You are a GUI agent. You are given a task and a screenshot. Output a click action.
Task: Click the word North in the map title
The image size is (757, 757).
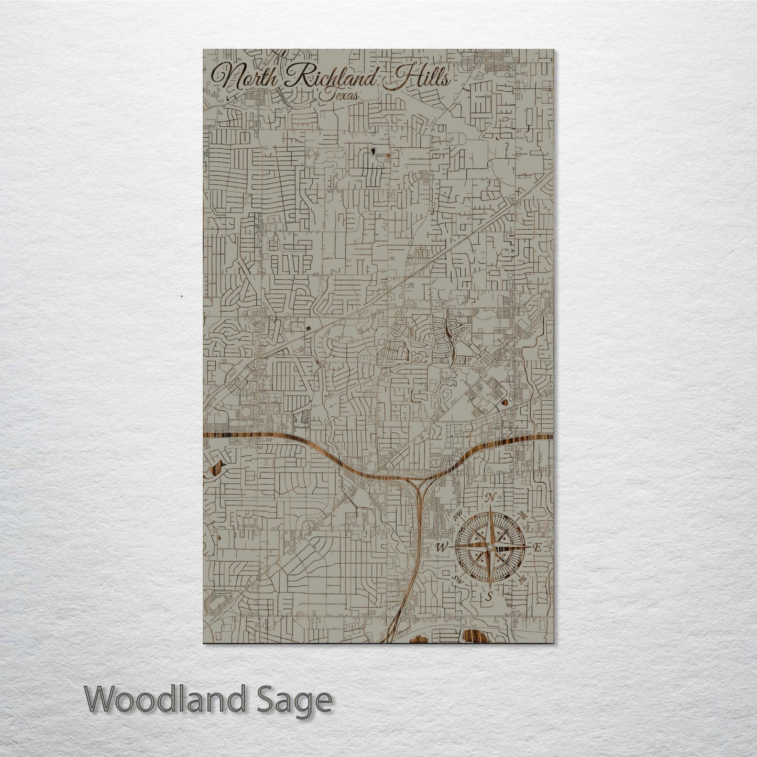click(x=246, y=79)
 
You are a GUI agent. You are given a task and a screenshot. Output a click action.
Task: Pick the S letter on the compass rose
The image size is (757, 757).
click(x=489, y=596)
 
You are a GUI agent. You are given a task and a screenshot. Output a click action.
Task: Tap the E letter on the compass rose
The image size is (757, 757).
click(x=536, y=547)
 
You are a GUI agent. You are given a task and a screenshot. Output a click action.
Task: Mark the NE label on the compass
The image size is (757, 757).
click(x=522, y=515)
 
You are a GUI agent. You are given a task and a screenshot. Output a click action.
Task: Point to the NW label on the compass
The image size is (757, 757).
click(x=458, y=514)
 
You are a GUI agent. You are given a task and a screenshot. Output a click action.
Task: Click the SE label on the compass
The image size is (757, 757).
click(x=522, y=579)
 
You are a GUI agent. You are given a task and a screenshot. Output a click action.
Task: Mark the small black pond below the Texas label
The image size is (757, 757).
click(x=373, y=151)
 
